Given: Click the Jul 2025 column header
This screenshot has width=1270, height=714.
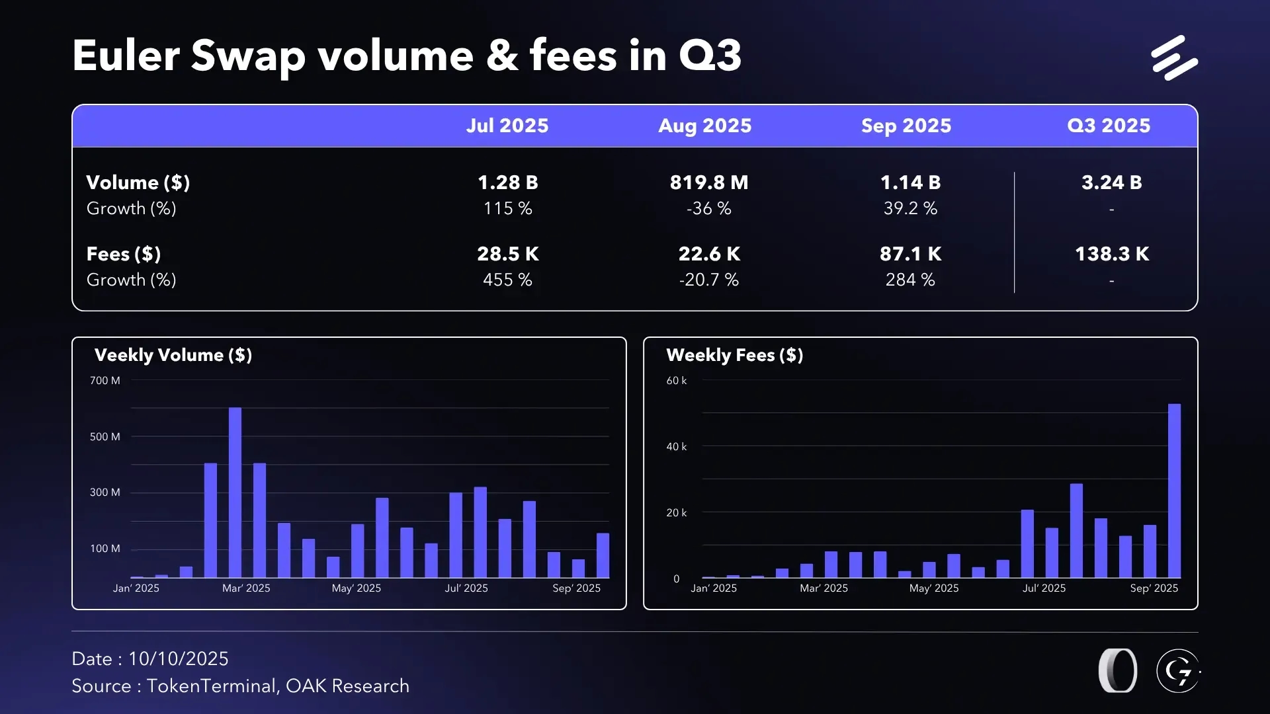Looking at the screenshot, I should (x=507, y=126).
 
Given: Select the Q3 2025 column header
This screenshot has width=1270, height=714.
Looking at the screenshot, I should (x=1109, y=126).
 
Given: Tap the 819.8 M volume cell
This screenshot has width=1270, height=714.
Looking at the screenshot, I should (x=708, y=182).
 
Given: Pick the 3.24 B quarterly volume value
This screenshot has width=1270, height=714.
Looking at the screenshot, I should (x=1111, y=182).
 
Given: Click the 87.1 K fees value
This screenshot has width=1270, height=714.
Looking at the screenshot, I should (x=910, y=254).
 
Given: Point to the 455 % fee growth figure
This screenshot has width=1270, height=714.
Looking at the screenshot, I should (x=507, y=280).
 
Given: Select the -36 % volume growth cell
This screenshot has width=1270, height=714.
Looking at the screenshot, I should (x=708, y=208).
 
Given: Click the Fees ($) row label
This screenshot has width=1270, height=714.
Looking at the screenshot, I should (x=124, y=254).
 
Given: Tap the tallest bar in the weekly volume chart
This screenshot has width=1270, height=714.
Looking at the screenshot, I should (x=235, y=492).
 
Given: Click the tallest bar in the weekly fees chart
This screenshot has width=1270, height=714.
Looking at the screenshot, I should (x=1174, y=491).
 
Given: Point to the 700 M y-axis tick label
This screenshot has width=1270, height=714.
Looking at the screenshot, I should (x=105, y=381).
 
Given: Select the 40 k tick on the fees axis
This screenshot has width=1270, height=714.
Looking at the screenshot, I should (x=676, y=447).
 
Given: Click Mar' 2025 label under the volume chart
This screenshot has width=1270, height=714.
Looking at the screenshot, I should (x=246, y=588).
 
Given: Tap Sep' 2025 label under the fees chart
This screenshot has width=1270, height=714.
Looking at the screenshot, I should (x=1154, y=588).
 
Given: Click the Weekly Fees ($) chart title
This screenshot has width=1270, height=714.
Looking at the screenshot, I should (x=734, y=355).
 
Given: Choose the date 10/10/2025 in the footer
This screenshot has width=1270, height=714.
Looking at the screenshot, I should (x=178, y=658).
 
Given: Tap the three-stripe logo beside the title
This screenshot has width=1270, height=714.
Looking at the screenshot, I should (x=1174, y=58).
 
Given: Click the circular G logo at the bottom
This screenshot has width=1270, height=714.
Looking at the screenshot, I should (x=1178, y=671).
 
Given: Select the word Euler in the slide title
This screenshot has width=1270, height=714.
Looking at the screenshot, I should (x=126, y=56).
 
